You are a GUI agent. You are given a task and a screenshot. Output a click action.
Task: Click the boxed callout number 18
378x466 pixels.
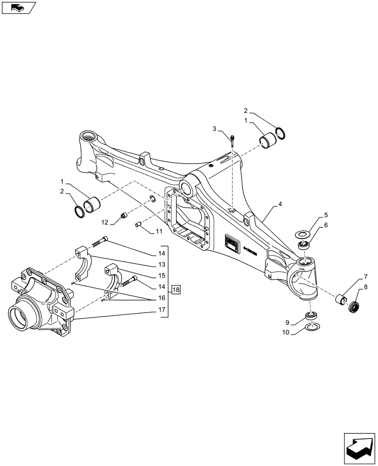pos(175,290)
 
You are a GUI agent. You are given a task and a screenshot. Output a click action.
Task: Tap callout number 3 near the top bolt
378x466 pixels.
pos(215,128)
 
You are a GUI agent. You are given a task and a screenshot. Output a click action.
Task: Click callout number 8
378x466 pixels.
pos(365,288)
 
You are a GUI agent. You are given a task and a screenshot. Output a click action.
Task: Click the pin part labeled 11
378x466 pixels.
pos(138,225)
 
